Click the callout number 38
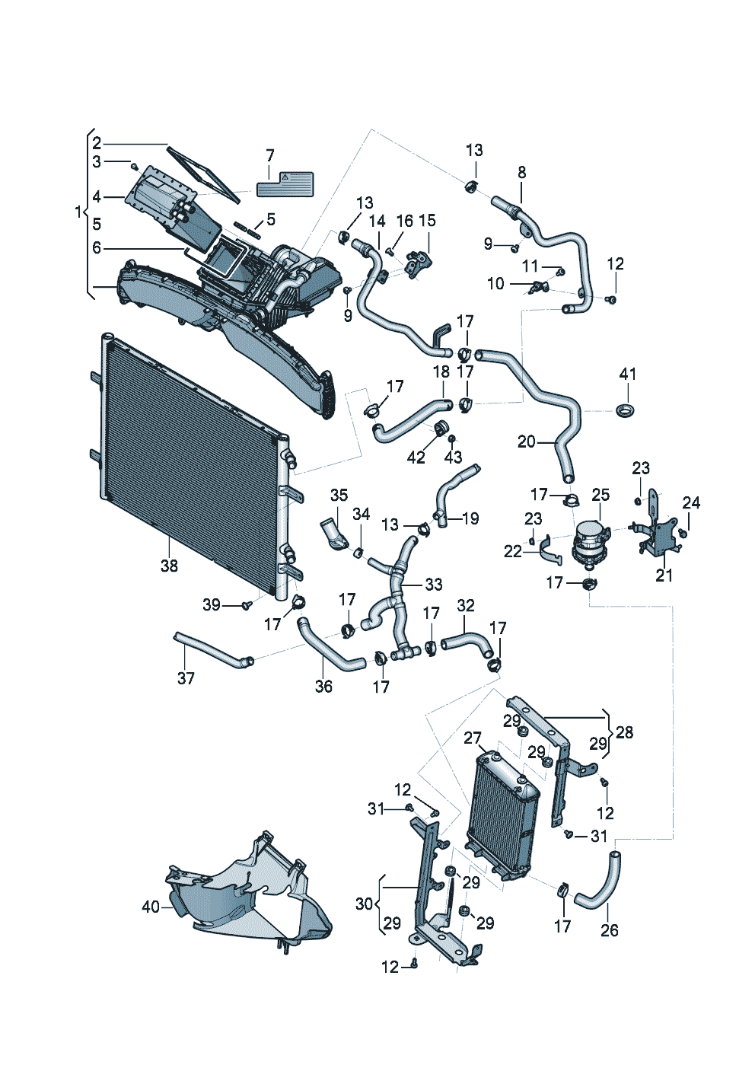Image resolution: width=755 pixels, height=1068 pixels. pos(169,566)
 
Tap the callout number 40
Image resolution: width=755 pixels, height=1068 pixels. pos(151,907)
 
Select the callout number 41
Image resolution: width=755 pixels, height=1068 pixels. pos(627,374)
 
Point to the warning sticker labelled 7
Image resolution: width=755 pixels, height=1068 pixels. pos(285,185)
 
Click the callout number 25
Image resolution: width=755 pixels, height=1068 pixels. pos(600,495)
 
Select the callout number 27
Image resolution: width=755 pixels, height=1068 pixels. pos(473,738)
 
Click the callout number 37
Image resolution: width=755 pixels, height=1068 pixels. pos(186,677)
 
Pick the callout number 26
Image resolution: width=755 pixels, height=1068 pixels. pos(609,929)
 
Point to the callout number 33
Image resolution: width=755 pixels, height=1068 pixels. pos(433,585)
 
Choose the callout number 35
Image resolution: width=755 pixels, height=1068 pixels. pos(339,495)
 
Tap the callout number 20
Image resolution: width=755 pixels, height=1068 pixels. pos(527,442)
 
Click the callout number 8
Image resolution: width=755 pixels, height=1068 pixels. pos(521,173)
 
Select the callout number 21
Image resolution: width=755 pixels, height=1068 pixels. pos(664,575)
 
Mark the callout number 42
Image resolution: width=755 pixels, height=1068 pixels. pos(416,457)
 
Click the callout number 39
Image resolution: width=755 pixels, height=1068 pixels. pos(212,604)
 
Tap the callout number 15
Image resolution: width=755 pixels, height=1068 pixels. pos(427,221)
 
